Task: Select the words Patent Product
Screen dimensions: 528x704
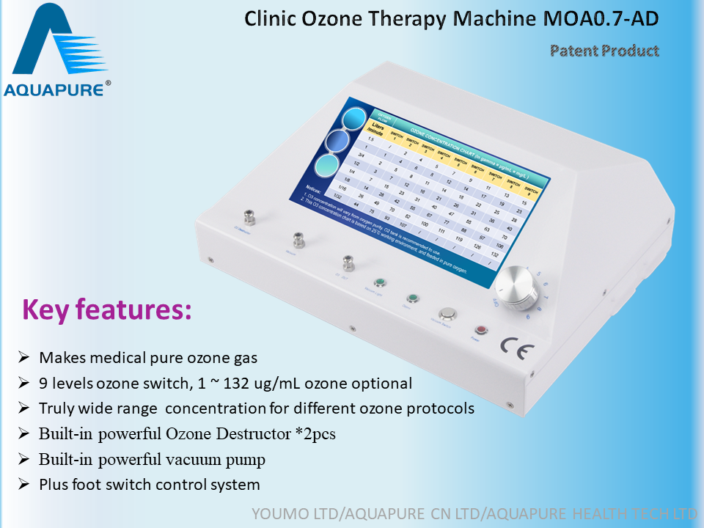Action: [x=604, y=51]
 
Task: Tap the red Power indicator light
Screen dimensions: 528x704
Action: [x=481, y=330]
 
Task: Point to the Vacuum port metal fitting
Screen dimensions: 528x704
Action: [x=298, y=240]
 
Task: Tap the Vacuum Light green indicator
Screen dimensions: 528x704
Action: [x=381, y=282]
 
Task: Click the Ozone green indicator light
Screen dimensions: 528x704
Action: [x=414, y=298]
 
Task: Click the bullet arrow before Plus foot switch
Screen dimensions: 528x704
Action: [x=24, y=485]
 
